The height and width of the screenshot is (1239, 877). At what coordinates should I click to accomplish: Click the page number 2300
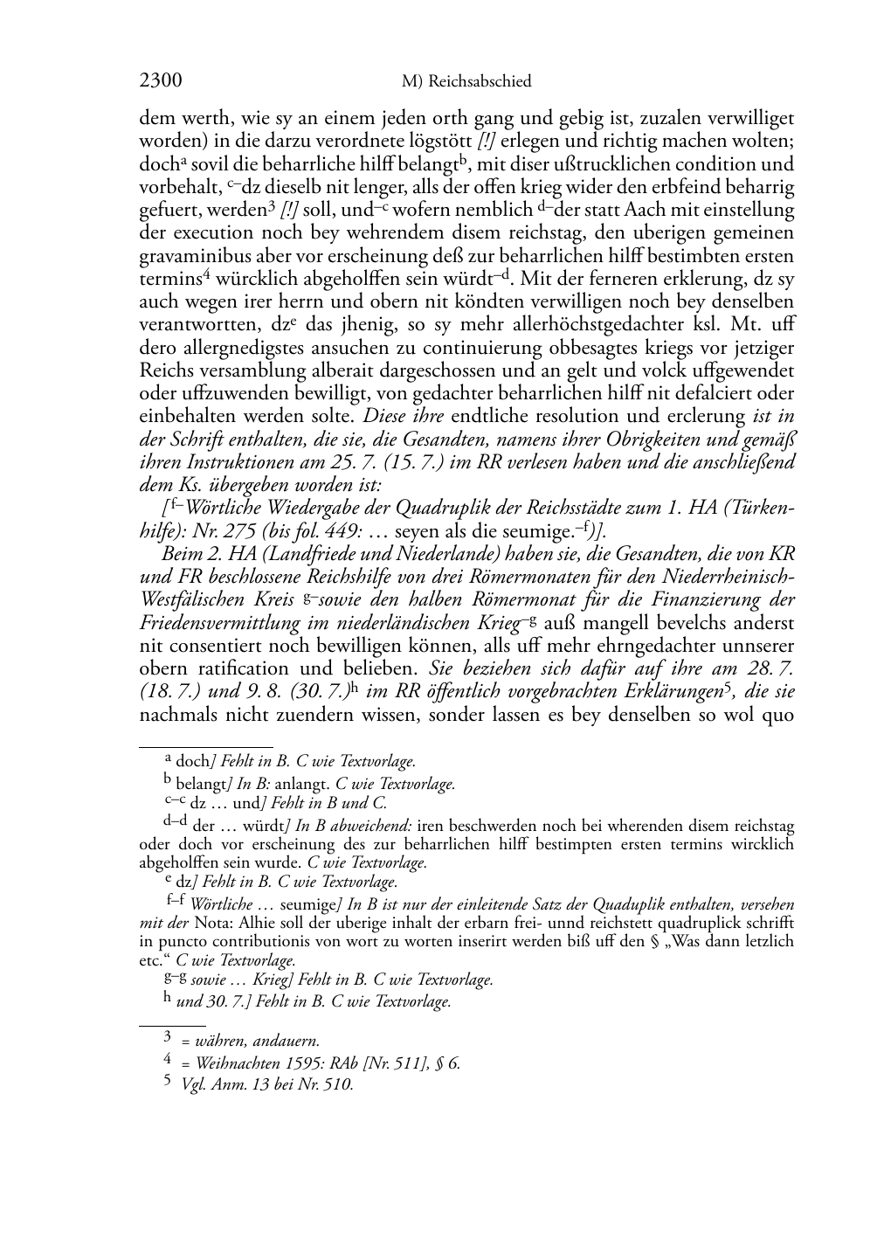click(160, 81)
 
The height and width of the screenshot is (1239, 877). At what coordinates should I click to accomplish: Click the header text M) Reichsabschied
click(466, 82)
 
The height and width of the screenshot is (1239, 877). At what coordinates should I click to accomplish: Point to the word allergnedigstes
click(234, 348)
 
